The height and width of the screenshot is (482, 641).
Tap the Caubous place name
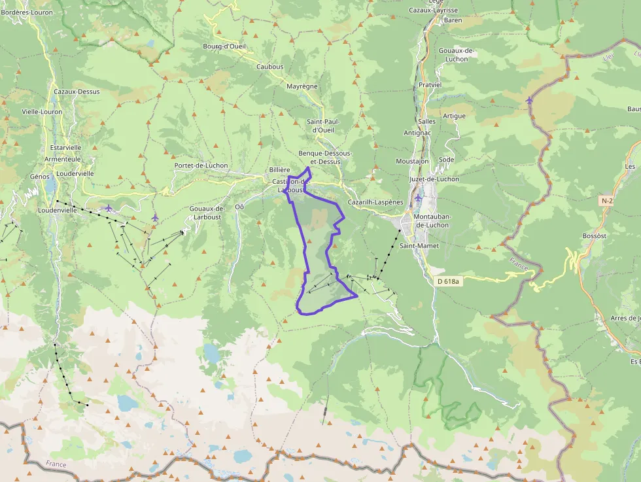269,67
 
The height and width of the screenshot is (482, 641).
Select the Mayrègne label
302,86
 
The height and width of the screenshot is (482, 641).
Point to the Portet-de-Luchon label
201,165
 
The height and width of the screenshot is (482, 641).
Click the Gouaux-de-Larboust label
207,212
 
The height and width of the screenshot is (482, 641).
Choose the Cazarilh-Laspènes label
375,202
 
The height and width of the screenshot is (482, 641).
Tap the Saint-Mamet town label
419,246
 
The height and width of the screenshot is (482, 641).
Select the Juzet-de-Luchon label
434,179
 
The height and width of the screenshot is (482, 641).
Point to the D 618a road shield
448,281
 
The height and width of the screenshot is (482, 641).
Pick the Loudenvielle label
57,211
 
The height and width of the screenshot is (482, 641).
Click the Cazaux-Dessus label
77,92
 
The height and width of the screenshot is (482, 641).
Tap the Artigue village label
454,116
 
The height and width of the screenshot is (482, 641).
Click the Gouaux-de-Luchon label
457,55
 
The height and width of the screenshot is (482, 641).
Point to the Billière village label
279,169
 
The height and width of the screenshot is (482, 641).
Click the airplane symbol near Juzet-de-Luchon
417,197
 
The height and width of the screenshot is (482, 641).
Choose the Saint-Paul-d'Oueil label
323,126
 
